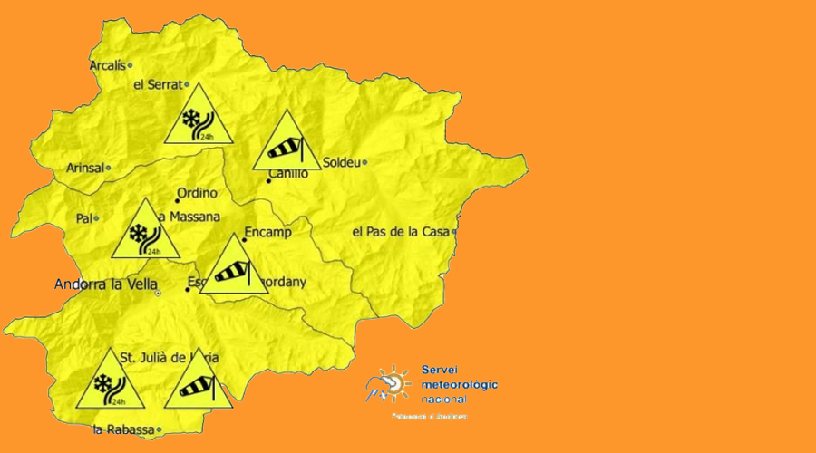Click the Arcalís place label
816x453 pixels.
(x=107, y=65)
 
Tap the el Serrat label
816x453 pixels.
(x=158, y=85)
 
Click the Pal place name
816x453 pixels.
(x=83, y=218)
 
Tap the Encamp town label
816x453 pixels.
(x=267, y=233)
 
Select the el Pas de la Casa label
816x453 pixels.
(x=401, y=232)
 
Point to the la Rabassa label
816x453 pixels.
(x=122, y=429)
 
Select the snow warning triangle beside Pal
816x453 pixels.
(x=145, y=234)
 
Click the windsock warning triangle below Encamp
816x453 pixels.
(x=233, y=269)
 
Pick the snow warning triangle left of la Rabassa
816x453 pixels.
(x=108, y=382)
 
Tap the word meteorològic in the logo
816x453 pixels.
(x=460, y=385)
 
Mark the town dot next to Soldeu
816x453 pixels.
(x=364, y=163)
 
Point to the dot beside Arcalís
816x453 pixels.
(x=130, y=65)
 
